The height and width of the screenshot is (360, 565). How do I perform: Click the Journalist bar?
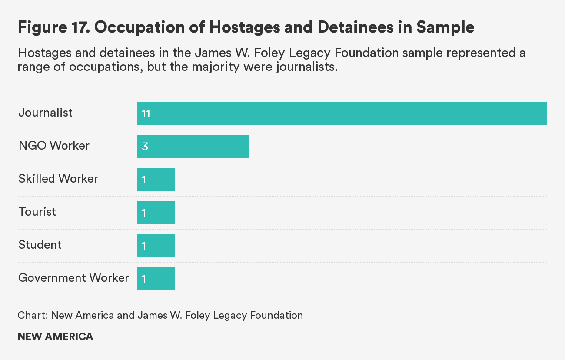(x=342, y=113)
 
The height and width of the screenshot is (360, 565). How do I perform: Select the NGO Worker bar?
(x=193, y=147)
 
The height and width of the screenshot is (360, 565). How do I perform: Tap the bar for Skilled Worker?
(x=156, y=180)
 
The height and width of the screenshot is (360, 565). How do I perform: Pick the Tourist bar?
(x=156, y=213)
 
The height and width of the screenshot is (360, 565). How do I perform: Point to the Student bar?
(x=156, y=246)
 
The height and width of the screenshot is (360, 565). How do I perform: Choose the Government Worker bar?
(x=156, y=279)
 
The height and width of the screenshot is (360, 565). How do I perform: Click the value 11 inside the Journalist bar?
(x=146, y=114)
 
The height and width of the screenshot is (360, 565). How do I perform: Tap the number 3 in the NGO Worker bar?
(x=145, y=147)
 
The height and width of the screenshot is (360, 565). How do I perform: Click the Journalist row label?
(x=45, y=113)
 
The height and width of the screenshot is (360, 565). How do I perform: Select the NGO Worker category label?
(x=54, y=146)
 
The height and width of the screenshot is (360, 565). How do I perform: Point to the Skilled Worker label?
(x=58, y=179)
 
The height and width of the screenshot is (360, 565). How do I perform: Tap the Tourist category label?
(x=37, y=212)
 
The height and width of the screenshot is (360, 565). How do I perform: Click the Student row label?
(x=40, y=245)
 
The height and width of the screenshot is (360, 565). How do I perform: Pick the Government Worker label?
(x=73, y=278)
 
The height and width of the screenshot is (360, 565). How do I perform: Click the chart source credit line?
(x=160, y=315)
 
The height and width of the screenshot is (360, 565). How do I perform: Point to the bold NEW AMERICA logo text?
(x=55, y=337)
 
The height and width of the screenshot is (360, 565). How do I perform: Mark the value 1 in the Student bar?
(x=144, y=246)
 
